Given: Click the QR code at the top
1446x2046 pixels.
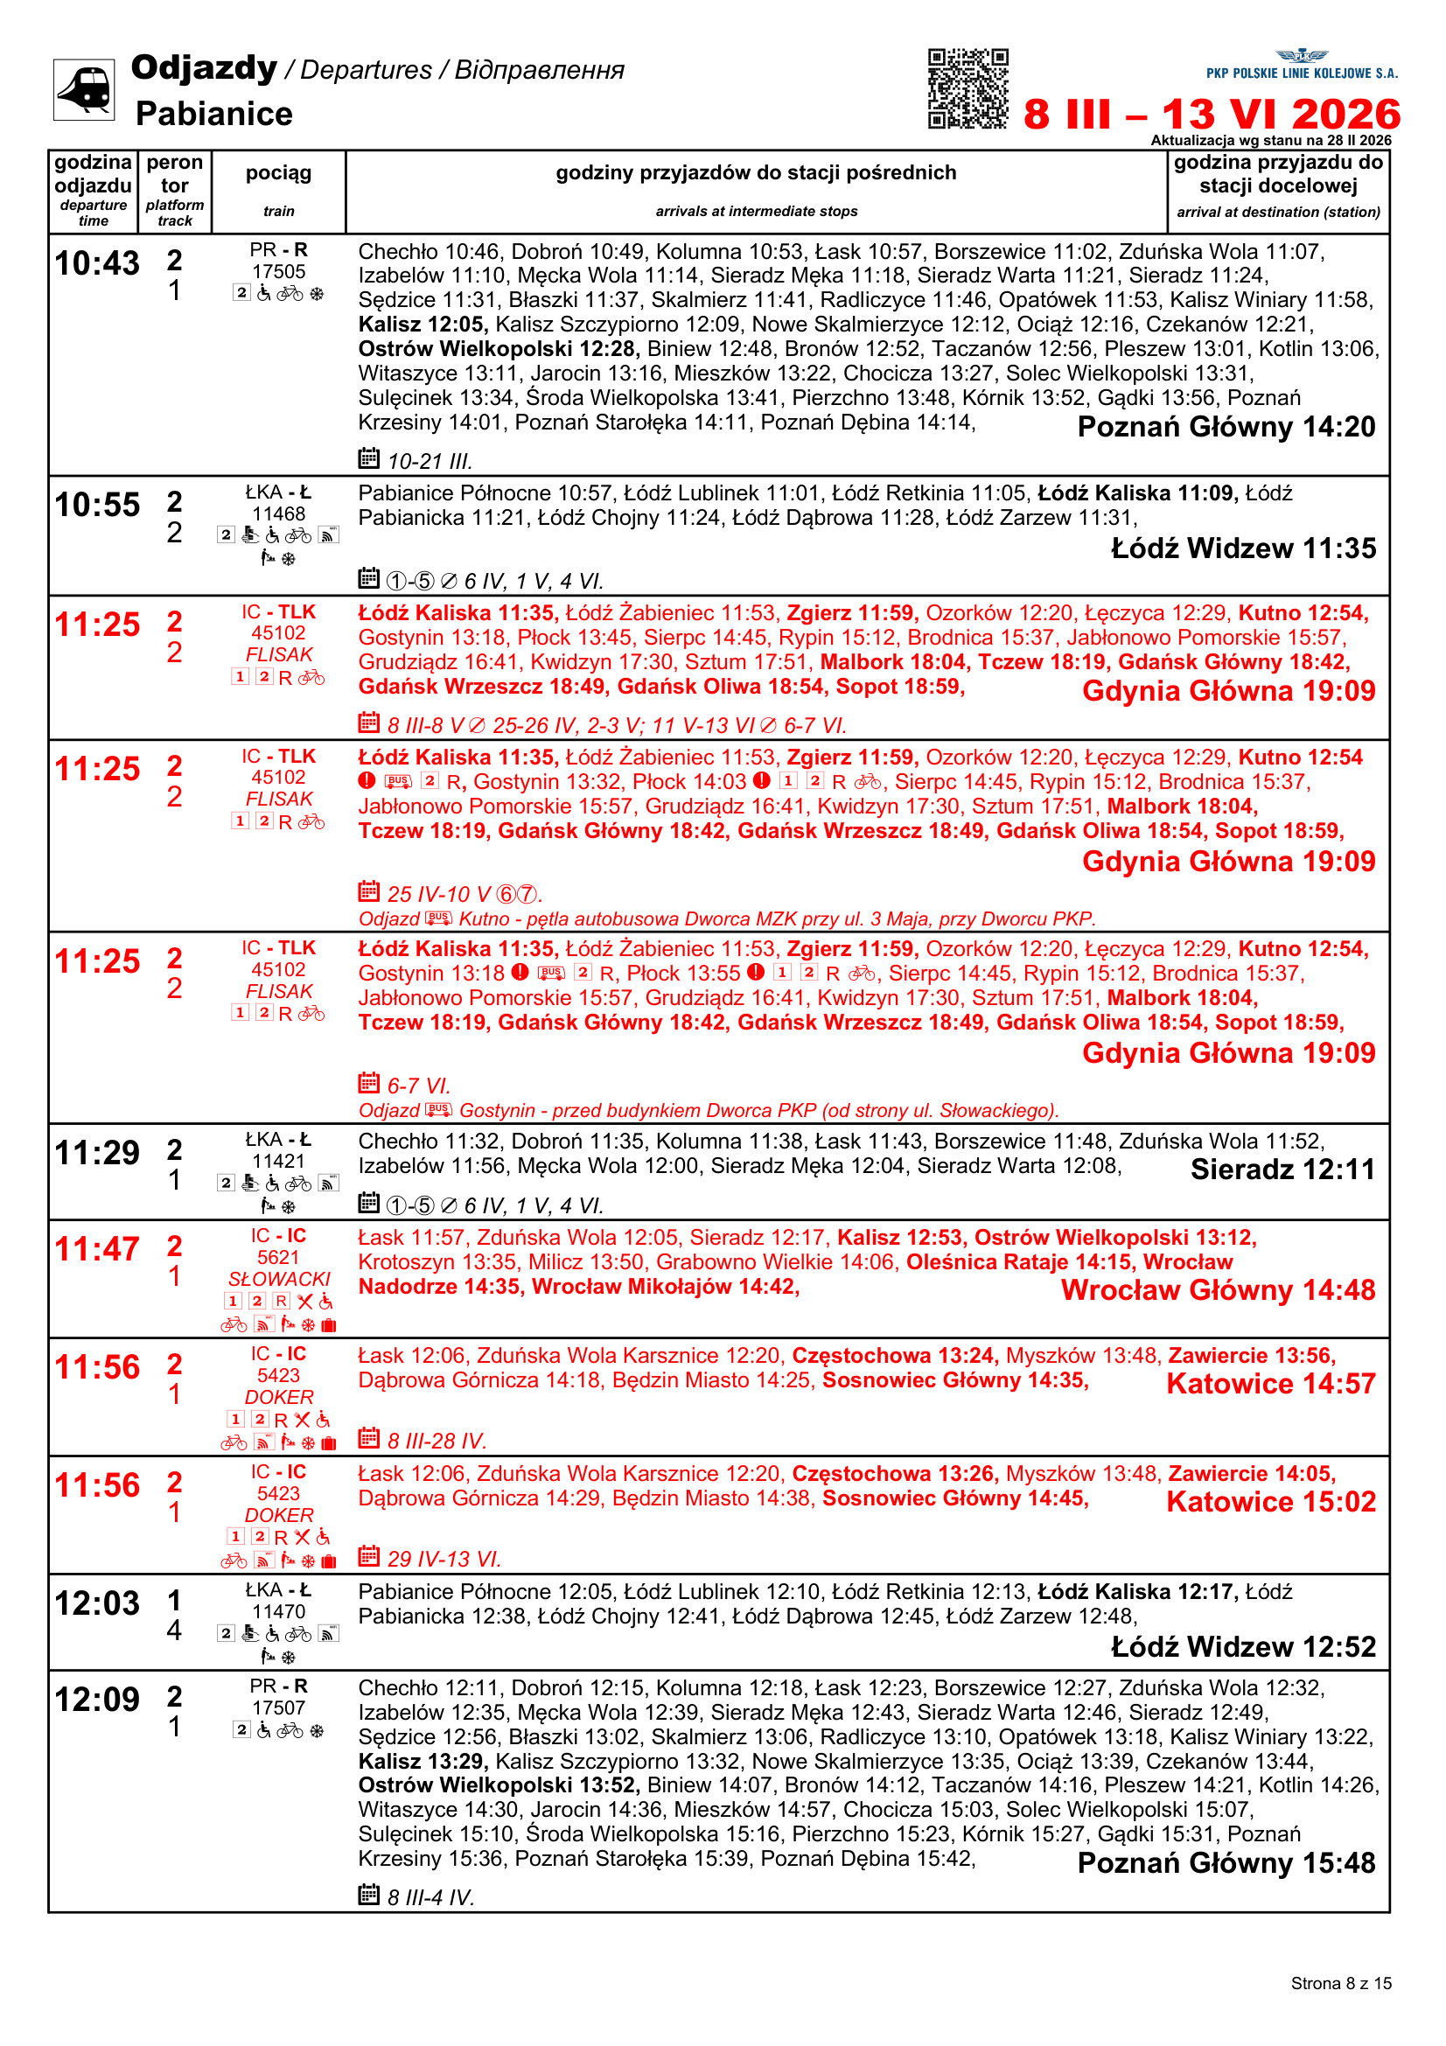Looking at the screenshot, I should click(967, 88).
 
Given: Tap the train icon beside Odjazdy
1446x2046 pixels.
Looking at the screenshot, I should click(84, 89).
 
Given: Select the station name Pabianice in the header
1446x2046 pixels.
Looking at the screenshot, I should click(213, 114).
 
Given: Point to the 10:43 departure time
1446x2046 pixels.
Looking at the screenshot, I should click(97, 263).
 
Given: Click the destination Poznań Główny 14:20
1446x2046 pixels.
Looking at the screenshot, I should click(1226, 427).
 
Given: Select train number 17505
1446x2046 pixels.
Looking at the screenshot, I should click(278, 271).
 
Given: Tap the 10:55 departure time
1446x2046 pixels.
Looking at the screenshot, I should click(97, 505).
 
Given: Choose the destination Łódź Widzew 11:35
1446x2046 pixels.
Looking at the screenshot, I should click(1243, 548).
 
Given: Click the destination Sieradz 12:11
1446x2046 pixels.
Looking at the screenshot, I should click(1282, 1170).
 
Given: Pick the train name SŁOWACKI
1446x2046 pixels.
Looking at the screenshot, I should click(279, 1279).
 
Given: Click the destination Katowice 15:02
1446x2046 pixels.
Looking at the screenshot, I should click(1270, 1502).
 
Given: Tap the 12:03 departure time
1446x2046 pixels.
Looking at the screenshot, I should click(97, 1603).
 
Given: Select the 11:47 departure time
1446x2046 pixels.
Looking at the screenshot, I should click(97, 1249).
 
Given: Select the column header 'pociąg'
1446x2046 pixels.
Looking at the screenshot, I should click(278, 173).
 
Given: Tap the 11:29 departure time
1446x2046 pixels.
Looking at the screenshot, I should click(97, 1153).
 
